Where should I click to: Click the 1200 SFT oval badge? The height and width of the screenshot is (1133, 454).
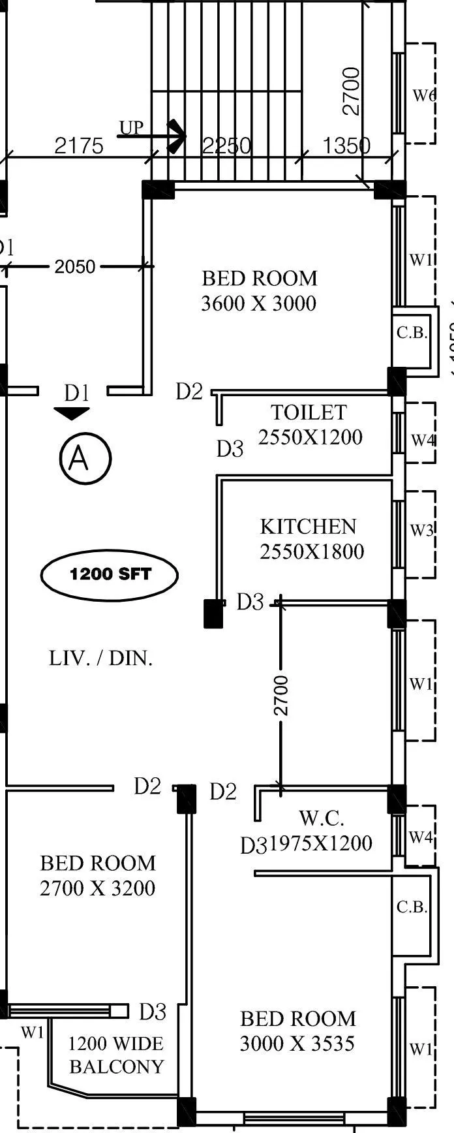pyautogui.click(x=110, y=575)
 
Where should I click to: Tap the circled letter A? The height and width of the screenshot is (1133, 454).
pyautogui.click(x=85, y=458)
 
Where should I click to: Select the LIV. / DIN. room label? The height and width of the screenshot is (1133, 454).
pyautogui.click(x=101, y=658)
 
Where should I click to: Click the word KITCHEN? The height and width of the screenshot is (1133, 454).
pyautogui.click(x=308, y=527)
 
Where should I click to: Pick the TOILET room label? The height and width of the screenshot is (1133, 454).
pyautogui.click(x=309, y=412)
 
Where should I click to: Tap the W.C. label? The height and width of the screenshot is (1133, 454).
pyautogui.click(x=322, y=818)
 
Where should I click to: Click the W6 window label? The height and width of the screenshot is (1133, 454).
pyautogui.click(x=424, y=95)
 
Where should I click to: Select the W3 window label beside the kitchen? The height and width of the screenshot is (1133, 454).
pyautogui.click(x=421, y=530)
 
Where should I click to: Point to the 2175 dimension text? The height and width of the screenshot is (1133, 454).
pyautogui.click(x=78, y=146)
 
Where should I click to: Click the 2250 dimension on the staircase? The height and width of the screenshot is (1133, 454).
pyautogui.click(x=226, y=146)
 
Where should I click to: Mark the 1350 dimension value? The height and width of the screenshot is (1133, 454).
pyautogui.click(x=346, y=146)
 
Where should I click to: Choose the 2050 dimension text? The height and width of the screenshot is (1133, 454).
pyautogui.click(x=75, y=266)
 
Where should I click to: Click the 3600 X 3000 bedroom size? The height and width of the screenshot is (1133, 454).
pyautogui.click(x=258, y=303)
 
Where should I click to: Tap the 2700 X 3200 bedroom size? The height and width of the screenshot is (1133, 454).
pyautogui.click(x=98, y=888)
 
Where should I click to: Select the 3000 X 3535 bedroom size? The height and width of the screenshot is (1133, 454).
pyautogui.click(x=297, y=1044)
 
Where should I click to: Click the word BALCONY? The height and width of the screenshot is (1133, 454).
pyautogui.click(x=117, y=1066)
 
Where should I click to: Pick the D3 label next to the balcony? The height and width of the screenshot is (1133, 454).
pyautogui.click(x=153, y=1012)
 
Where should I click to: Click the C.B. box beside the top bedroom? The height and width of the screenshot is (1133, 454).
pyautogui.click(x=412, y=333)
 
